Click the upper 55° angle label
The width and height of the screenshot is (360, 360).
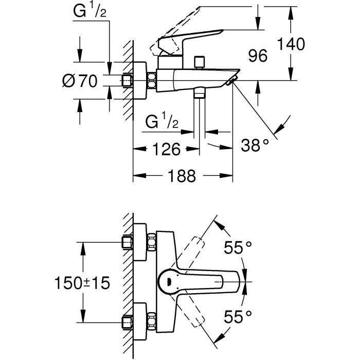click(x=238, y=248)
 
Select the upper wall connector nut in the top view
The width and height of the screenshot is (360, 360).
click(x=151, y=242)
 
